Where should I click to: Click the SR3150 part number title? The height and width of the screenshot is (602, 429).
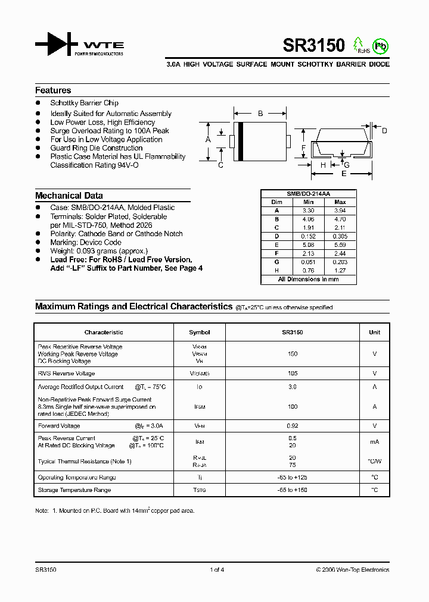(x=306, y=45)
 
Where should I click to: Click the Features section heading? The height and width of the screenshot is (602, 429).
(x=53, y=90)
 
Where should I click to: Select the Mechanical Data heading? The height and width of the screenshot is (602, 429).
(x=69, y=195)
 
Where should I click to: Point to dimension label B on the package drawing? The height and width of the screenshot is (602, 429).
(x=260, y=113)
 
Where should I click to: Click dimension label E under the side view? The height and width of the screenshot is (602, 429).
(x=344, y=174)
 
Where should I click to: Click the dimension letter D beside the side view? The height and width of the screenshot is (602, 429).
(x=384, y=131)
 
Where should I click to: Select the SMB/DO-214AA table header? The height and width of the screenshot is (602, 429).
(x=308, y=194)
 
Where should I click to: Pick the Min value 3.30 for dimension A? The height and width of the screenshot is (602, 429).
(x=308, y=211)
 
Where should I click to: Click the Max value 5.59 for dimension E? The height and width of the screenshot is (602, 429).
(x=340, y=244)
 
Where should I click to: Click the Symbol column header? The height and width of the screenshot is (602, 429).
(x=200, y=333)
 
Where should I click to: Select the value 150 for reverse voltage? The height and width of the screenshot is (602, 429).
(x=293, y=354)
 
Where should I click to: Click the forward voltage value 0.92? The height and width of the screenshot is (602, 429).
(x=293, y=426)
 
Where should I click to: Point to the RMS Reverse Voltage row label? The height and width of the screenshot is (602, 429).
(x=66, y=374)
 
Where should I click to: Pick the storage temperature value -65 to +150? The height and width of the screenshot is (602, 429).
(x=293, y=490)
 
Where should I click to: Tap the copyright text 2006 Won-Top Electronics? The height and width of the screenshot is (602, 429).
(x=353, y=570)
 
